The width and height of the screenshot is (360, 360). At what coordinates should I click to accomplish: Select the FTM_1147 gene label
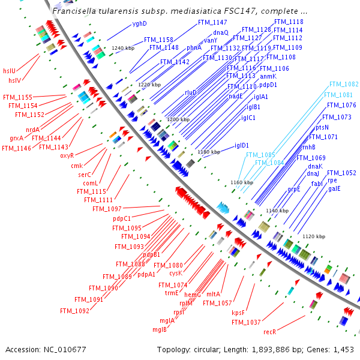coord(212,22)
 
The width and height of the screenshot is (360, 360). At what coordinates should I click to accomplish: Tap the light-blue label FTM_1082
coord(344,85)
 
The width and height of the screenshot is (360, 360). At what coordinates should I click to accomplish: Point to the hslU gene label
coord(10,70)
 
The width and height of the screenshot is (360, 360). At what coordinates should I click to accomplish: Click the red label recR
coord(269,332)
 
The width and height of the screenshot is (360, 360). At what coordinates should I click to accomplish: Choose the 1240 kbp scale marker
coord(123,48)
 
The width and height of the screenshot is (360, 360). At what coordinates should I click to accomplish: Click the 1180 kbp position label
coord(209,152)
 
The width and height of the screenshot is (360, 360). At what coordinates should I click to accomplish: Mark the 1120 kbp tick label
coord(313,236)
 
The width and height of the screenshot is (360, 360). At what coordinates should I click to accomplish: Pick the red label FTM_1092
coord(74,311)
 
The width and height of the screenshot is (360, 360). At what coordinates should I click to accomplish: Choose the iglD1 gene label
coord(242,145)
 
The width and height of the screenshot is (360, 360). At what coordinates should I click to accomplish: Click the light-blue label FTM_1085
coord(260,155)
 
